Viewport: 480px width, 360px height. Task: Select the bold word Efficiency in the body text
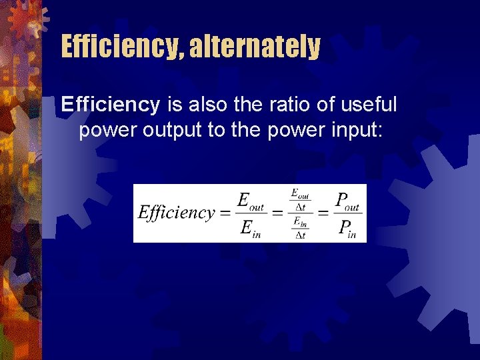[111, 105]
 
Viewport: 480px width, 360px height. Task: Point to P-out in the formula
[347, 201]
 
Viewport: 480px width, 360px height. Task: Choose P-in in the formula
[347, 229]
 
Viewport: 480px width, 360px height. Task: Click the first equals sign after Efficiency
[225, 213]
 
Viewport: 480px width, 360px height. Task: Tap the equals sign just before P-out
[322, 213]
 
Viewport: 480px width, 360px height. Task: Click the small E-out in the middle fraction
[300, 194]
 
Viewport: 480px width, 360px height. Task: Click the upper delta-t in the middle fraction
[300, 207]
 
